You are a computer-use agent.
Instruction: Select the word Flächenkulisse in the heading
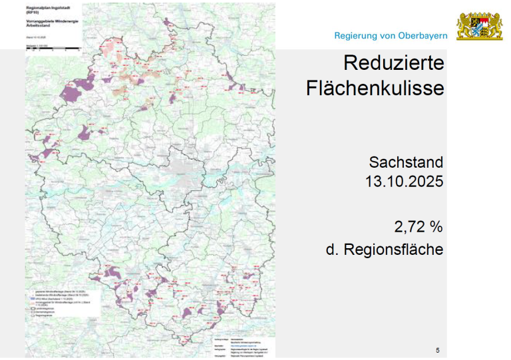coord(375,88)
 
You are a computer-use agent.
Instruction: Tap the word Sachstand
coord(406,162)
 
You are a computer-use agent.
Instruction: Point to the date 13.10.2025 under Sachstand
coord(403,180)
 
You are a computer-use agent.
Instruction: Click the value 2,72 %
coord(418,227)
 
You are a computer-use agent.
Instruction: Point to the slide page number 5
coord(437,351)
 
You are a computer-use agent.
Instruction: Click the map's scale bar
coord(53,49)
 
